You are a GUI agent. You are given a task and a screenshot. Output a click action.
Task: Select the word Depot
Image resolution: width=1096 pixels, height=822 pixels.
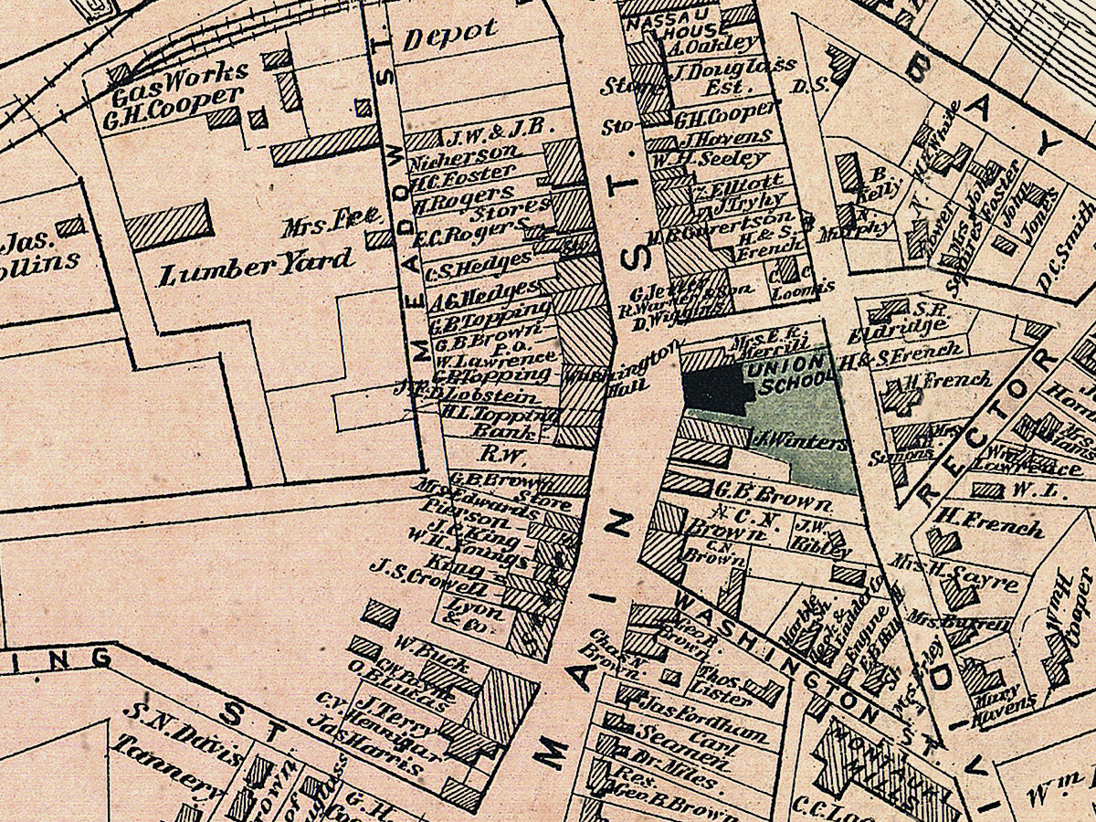451,35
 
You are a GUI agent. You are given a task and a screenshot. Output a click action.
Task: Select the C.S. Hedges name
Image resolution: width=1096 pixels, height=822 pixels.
472,260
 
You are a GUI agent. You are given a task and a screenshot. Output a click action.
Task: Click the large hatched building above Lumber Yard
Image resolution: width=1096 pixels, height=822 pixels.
169,224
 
